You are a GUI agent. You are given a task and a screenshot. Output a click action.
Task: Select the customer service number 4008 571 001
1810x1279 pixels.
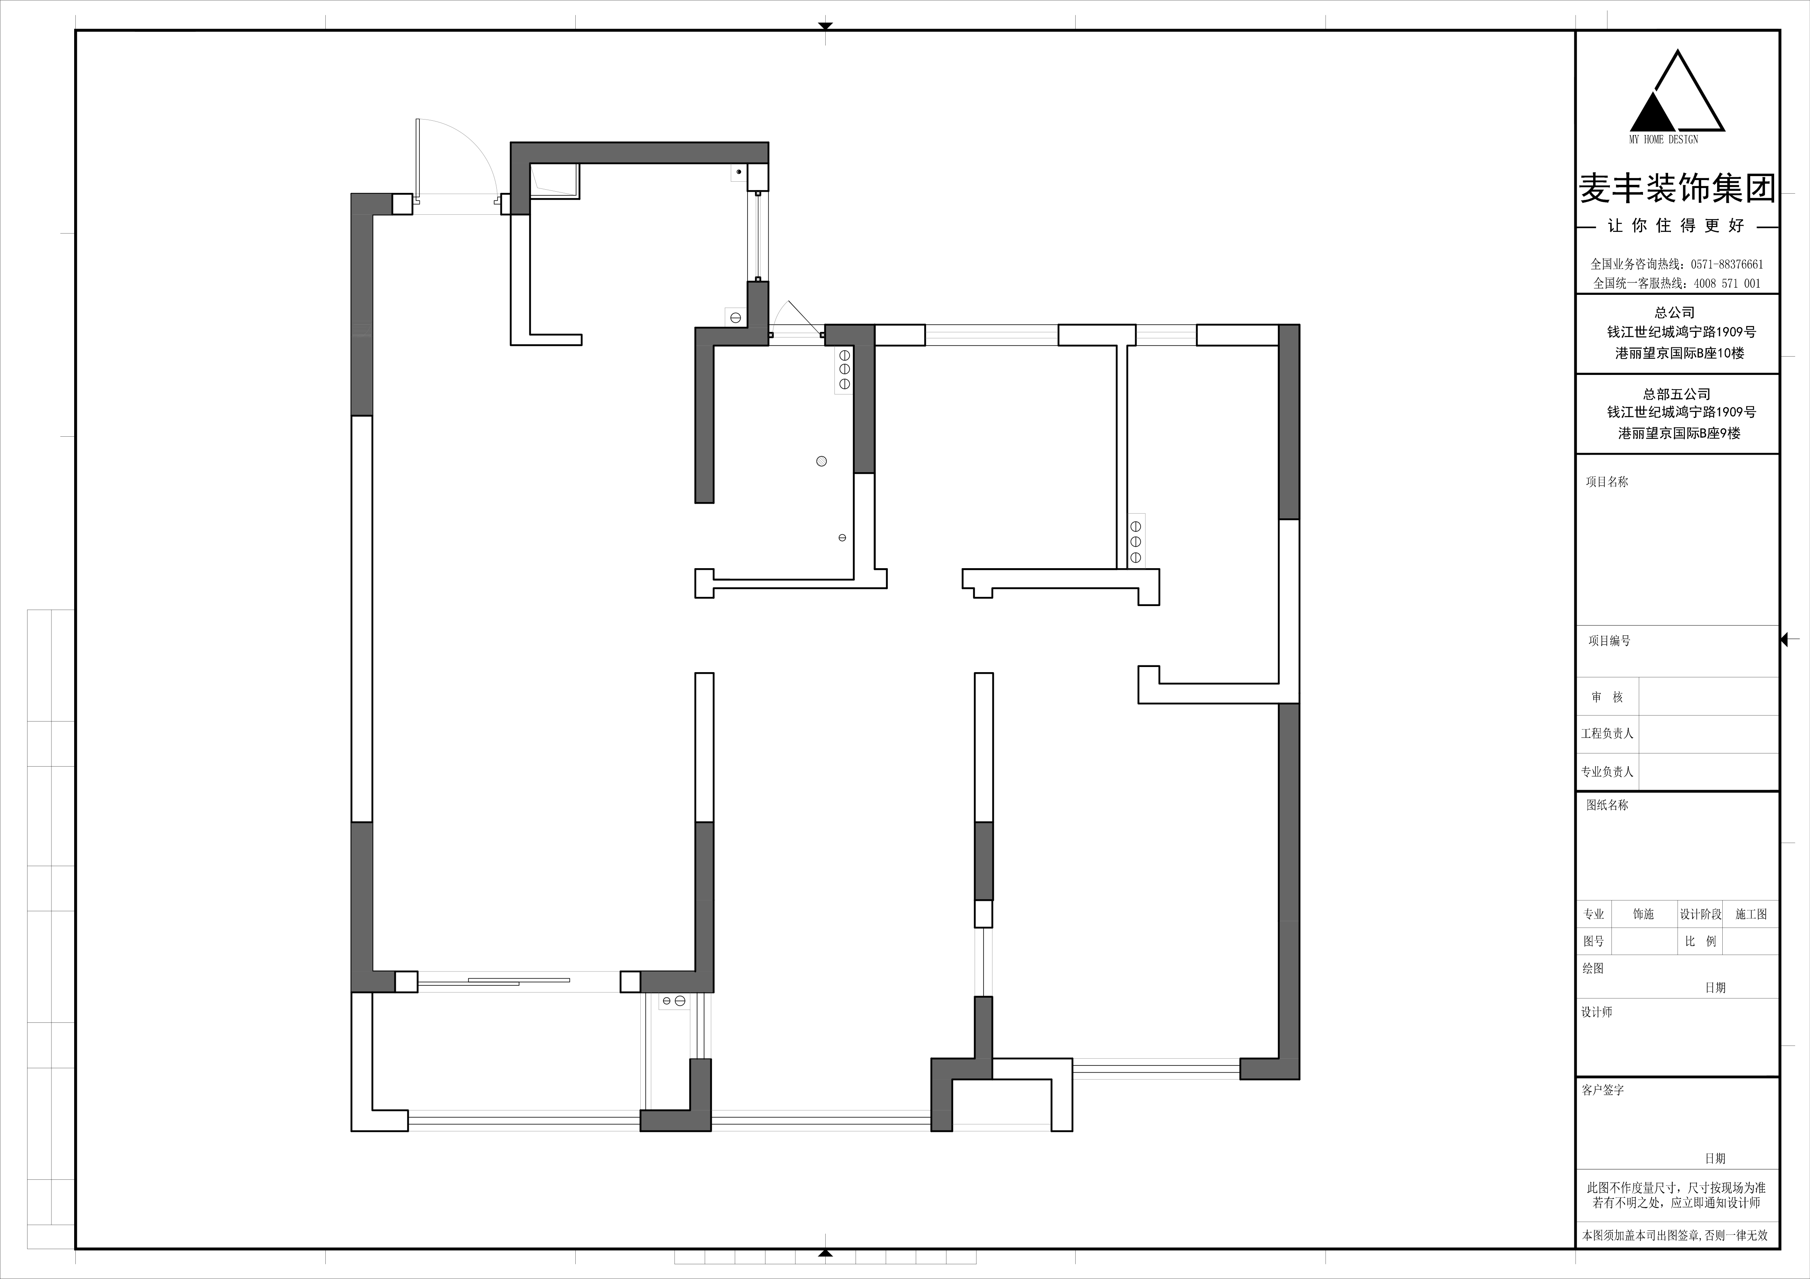(x=1726, y=283)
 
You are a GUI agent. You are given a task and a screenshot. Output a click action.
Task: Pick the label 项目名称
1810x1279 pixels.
(x=1607, y=481)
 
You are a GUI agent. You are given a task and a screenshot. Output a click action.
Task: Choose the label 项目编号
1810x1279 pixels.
(x=1609, y=641)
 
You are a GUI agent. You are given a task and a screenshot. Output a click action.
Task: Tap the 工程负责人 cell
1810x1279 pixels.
(x=1607, y=734)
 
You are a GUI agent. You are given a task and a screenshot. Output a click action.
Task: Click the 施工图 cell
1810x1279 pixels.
(x=1751, y=914)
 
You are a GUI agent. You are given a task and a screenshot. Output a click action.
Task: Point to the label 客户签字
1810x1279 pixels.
(x=1603, y=1090)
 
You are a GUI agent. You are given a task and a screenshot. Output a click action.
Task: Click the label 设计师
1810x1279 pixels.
(x=1596, y=1012)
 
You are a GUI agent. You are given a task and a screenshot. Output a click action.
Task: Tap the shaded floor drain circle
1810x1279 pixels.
(x=821, y=461)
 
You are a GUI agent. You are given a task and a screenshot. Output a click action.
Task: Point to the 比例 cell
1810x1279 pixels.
(x=1700, y=941)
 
